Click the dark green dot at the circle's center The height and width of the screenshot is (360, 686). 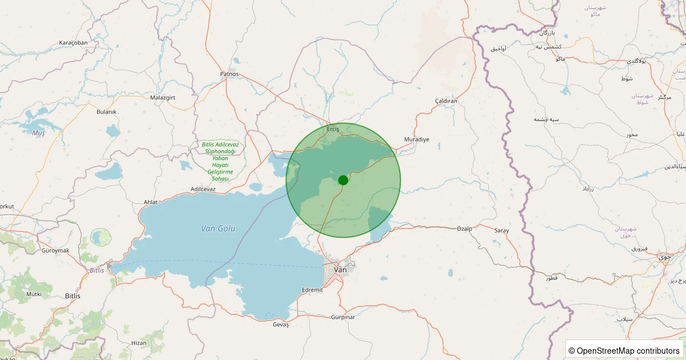[x=343, y=180]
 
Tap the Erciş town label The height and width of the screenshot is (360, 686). [x=333, y=129]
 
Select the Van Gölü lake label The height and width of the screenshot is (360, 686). [x=218, y=229]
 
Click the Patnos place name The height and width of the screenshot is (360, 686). [x=229, y=74]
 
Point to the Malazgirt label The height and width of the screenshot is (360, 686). [x=162, y=98]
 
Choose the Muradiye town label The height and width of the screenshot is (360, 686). [x=416, y=139]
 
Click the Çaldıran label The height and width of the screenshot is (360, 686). [x=446, y=101]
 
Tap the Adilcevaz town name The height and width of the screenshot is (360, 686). [x=203, y=189]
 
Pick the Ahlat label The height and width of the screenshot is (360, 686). [x=150, y=202]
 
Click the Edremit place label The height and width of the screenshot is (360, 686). [x=312, y=290]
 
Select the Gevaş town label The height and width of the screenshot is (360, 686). [x=281, y=325]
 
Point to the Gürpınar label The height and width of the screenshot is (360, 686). [x=343, y=317]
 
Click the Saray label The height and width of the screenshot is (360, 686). [x=501, y=230]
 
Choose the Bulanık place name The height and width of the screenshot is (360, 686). [x=106, y=112]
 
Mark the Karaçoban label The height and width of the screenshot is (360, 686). [x=73, y=43]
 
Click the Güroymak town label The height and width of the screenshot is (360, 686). [x=55, y=250]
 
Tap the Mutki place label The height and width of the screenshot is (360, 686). [x=34, y=294]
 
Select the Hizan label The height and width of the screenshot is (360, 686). [x=139, y=342]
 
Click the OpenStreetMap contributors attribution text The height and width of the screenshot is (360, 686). [x=625, y=350]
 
